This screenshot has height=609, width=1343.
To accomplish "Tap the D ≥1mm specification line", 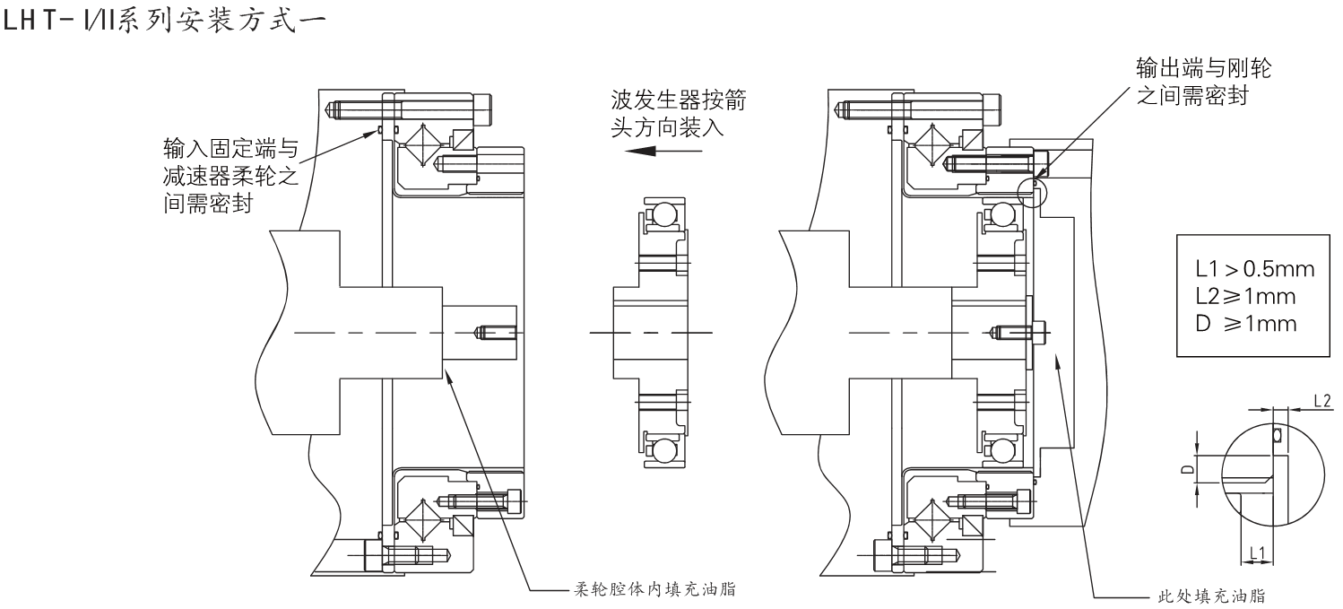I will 1240,323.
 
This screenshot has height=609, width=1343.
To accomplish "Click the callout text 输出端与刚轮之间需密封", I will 1202,82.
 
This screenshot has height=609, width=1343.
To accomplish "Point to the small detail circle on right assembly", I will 1034,192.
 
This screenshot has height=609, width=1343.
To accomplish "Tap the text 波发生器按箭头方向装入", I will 678,113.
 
